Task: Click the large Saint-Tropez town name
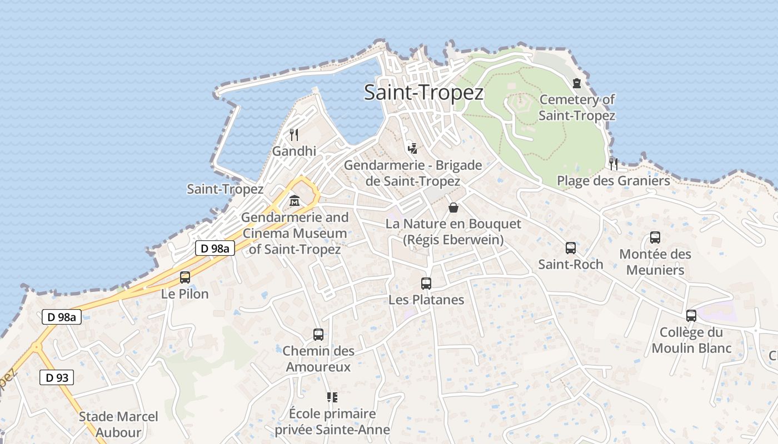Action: pos(423,93)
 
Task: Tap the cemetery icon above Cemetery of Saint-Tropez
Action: pos(577,83)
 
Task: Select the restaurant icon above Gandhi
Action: pos(294,134)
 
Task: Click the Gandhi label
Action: pos(294,151)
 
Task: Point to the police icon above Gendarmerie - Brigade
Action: pos(412,148)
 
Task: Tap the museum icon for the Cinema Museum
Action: pos(295,200)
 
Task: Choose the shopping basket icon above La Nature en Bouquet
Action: pos(453,208)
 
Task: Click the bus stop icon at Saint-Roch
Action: pos(571,248)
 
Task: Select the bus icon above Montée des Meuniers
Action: pos(655,238)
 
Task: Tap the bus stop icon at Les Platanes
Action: pos(426,284)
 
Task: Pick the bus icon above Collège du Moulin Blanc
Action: pos(691,316)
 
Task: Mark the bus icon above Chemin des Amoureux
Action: pos(318,335)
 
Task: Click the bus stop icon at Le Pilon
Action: pos(185,277)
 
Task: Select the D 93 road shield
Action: pos(57,378)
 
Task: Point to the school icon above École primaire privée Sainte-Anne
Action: pos(332,397)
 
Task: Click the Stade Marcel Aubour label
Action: pos(118,425)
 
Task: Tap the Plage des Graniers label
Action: pos(614,181)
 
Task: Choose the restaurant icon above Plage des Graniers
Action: pos(614,164)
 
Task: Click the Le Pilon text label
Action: pos(185,294)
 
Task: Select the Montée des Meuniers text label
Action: pos(655,262)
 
